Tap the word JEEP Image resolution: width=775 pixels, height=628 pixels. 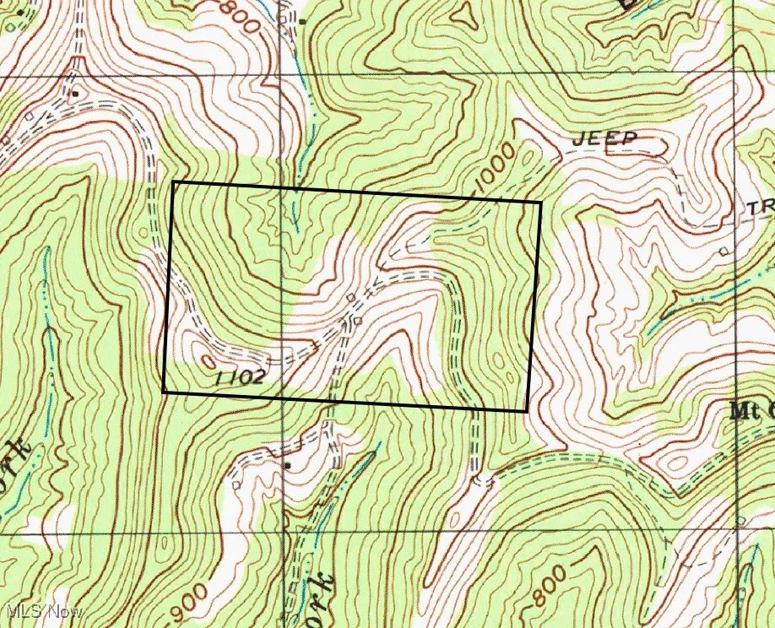click(x=605, y=138)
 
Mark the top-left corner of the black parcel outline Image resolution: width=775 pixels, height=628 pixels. click(x=172, y=182)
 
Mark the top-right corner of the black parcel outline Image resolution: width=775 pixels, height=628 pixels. click(x=540, y=202)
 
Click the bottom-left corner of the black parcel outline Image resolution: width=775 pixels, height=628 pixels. click(x=163, y=392)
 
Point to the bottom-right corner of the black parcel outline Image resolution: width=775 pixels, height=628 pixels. click(x=528, y=411)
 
